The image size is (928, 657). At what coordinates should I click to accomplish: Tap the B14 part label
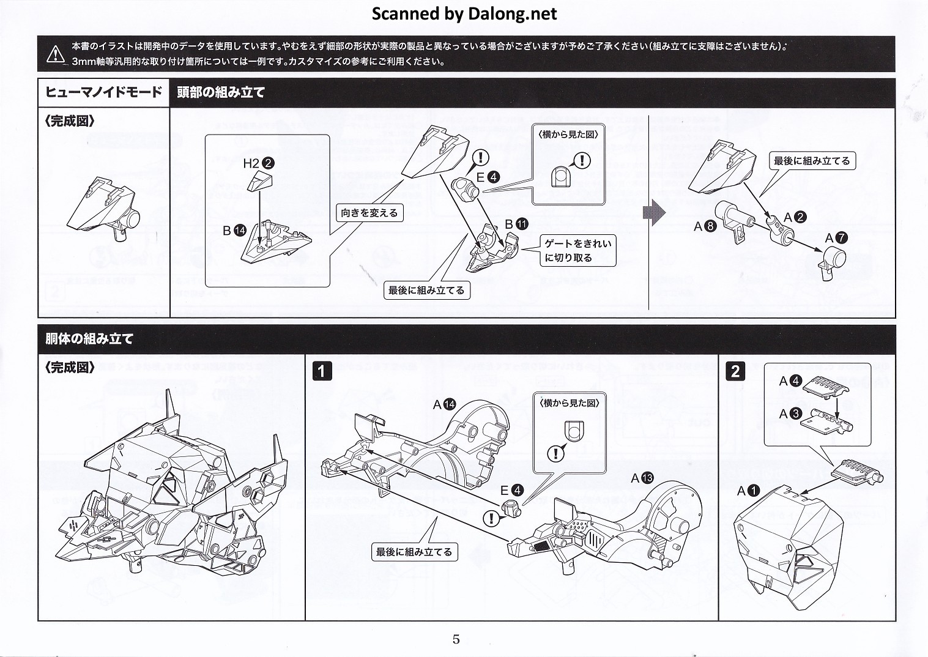tap(234, 230)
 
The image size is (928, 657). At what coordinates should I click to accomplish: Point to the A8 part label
tap(705, 226)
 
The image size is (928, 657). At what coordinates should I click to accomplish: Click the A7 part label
tap(836, 238)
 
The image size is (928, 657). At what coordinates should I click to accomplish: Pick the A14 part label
tap(444, 404)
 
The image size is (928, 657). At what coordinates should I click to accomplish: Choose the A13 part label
tap(642, 478)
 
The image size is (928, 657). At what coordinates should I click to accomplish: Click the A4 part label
tap(790, 381)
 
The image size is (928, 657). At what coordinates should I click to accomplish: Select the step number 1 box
tap(322, 371)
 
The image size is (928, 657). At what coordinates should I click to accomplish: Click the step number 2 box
tap(735, 371)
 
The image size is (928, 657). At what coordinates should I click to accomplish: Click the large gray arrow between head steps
tap(654, 213)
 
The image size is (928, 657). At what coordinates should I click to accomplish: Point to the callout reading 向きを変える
tap(369, 213)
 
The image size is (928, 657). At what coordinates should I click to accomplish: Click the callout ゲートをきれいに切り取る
tap(577, 251)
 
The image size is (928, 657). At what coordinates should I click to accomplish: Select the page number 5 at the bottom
tap(456, 639)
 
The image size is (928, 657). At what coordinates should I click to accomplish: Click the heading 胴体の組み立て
tap(89, 339)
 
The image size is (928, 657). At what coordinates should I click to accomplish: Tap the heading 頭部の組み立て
tap(221, 93)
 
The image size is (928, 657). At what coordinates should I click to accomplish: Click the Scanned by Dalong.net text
tap(464, 13)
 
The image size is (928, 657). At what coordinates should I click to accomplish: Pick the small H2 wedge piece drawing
tap(259, 181)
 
